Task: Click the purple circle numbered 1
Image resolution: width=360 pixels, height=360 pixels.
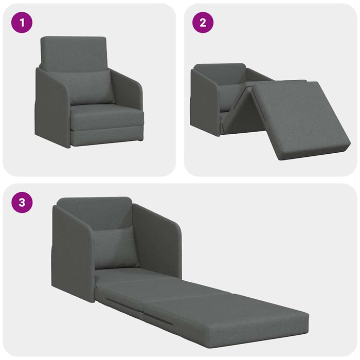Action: point(22,23)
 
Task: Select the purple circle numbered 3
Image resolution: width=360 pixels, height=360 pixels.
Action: point(22,203)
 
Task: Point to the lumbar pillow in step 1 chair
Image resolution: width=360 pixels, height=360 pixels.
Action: point(89,87)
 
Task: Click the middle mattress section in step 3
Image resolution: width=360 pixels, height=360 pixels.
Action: point(154,291)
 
